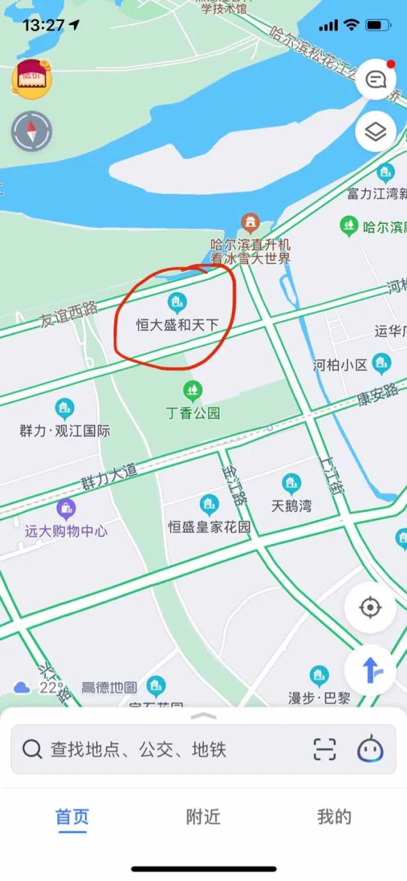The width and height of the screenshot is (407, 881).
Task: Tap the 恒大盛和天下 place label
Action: [x=177, y=326]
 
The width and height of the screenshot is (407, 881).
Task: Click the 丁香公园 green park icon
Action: [x=193, y=390]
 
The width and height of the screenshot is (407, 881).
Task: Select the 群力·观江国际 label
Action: [x=64, y=431]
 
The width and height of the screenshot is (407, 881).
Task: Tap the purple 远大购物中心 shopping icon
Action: [x=66, y=508]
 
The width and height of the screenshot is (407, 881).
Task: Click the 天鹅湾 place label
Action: [x=291, y=506]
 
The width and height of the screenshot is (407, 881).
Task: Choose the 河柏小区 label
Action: [x=340, y=366]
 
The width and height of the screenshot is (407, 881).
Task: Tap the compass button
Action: [x=31, y=131]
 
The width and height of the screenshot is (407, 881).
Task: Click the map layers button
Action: [x=375, y=132]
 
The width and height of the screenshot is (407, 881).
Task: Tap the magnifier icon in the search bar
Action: [x=32, y=749]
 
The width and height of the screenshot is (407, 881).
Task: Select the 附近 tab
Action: [x=203, y=817]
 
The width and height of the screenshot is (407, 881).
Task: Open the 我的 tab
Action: [x=334, y=817]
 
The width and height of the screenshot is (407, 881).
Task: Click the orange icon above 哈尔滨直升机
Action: [x=251, y=222]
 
